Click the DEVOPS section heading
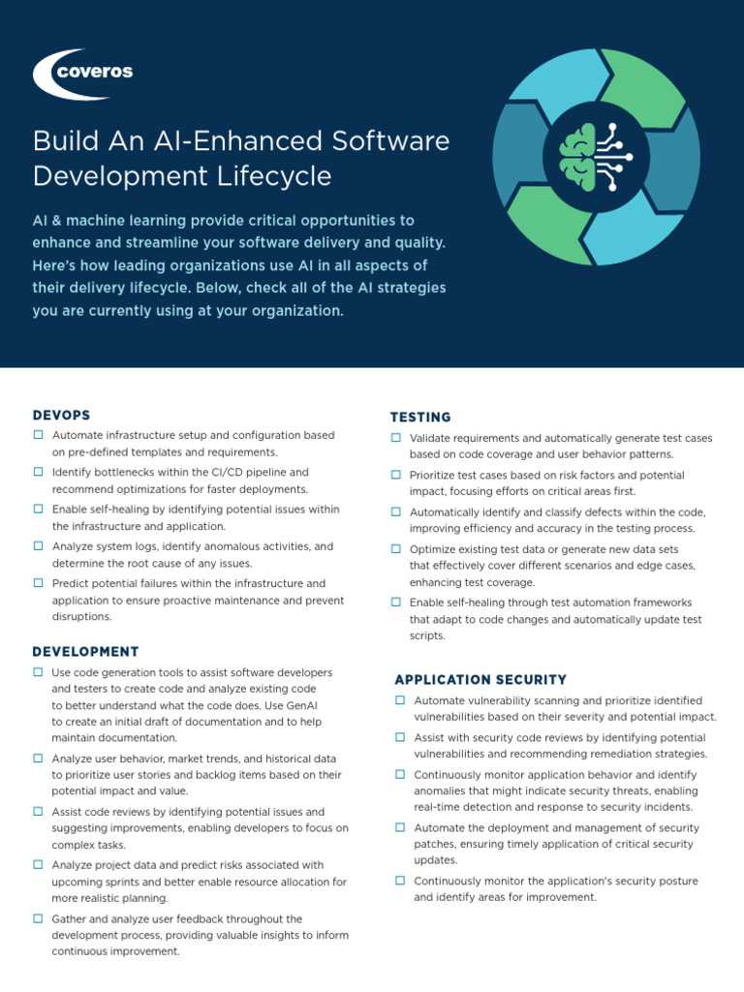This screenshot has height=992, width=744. coord(62,415)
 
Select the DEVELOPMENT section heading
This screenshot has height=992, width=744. coord(85,651)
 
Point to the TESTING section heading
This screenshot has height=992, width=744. coord(420,417)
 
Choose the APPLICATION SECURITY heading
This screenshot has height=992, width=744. coord(480,679)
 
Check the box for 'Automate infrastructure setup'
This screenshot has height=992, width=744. coord(38,436)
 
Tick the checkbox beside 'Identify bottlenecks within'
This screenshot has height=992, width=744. coord(38,472)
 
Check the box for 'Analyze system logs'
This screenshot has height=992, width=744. coord(38,546)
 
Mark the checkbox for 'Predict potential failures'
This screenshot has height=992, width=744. coord(38,583)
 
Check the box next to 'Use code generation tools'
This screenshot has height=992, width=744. coord(38,672)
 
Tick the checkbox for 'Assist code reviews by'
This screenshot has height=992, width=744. coord(38,811)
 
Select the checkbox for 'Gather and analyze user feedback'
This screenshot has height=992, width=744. coord(38,918)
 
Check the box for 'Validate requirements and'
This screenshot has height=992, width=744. coord(396,439)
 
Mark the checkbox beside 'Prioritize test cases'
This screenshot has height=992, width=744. coord(396,475)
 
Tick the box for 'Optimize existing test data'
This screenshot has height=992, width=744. coord(396,548)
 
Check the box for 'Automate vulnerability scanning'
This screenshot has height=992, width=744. coord(400,700)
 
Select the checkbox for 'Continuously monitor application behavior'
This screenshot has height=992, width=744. coord(400,775)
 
